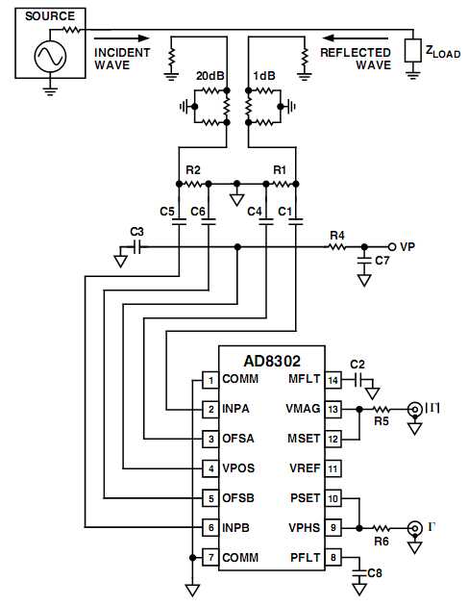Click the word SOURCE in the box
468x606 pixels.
[x=50, y=16]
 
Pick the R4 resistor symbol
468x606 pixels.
[x=336, y=246]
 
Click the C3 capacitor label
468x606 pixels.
[x=135, y=232]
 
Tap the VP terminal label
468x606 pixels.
[x=407, y=245]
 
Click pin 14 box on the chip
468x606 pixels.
[x=333, y=380]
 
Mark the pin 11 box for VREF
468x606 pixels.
[x=333, y=468]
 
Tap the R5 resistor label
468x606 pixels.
[x=381, y=420]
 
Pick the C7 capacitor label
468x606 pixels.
[x=382, y=261]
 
